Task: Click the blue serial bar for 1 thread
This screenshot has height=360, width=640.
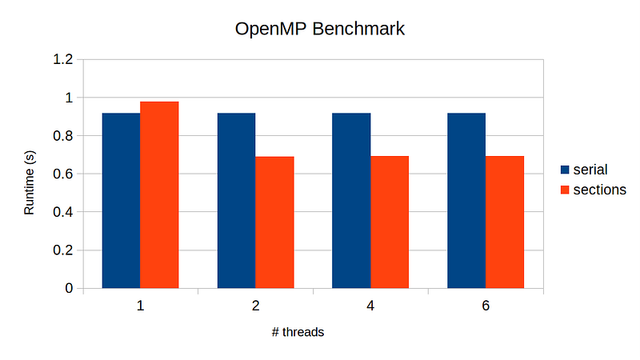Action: (x=121, y=200)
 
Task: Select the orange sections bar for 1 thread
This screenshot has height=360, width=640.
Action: (x=159, y=194)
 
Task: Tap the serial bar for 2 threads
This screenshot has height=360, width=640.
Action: (x=236, y=200)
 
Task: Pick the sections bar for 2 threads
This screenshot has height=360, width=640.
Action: (x=274, y=222)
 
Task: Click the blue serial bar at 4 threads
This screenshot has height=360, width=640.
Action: (x=351, y=200)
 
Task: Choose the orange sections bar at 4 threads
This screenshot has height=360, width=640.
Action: (x=390, y=222)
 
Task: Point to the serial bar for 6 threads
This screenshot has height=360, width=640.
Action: (x=466, y=200)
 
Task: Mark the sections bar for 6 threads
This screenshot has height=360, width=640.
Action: (x=505, y=222)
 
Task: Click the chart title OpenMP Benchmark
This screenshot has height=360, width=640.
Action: (x=320, y=30)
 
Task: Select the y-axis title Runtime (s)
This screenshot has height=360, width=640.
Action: (x=30, y=183)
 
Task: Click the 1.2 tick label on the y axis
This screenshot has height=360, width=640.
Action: (x=63, y=60)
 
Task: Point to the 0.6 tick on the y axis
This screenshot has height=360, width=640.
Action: (x=63, y=174)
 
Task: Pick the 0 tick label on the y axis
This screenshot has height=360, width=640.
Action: (x=69, y=289)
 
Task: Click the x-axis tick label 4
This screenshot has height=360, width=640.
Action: (x=370, y=306)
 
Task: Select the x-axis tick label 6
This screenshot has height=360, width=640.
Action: (x=486, y=306)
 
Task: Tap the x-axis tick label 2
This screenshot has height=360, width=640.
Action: (x=255, y=306)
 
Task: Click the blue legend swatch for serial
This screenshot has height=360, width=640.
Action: (x=565, y=170)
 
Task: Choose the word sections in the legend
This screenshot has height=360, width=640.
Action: (x=600, y=190)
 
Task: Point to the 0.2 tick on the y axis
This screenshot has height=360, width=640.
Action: (x=63, y=250)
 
